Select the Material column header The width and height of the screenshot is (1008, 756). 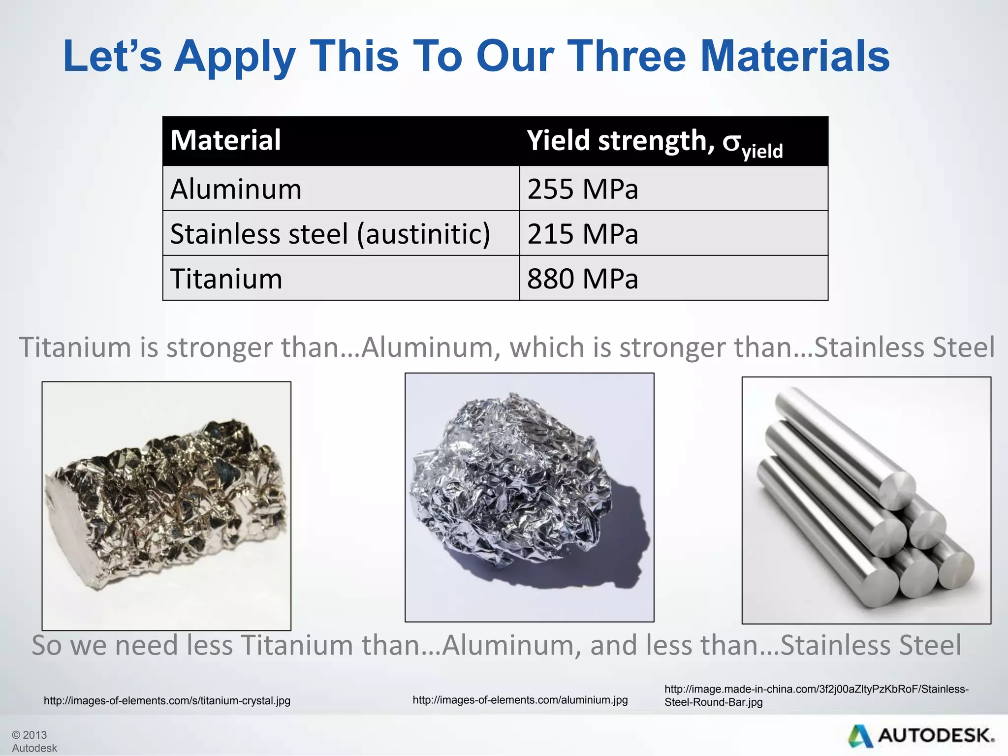click(x=225, y=140)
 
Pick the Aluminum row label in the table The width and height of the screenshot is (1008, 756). click(x=236, y=189)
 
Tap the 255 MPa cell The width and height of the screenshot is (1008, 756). click(x=582, y=189)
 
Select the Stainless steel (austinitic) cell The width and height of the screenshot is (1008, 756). click(x=330, y=234)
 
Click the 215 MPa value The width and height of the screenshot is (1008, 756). click(x=582, y=234)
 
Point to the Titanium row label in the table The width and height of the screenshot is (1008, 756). click(x=226, y=279)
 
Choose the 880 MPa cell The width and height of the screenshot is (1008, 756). click(x=582, y=279)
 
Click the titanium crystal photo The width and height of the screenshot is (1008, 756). click(x=166, y=505)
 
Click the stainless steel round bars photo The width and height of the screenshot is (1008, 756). click(x=866, y=500)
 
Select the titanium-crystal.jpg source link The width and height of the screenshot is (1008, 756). click(x=167, y=700)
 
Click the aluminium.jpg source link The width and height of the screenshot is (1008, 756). click(x=520, y=700)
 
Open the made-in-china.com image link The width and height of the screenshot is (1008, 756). click(x=816, y=695)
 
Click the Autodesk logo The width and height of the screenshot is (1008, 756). click(x=921, y=736)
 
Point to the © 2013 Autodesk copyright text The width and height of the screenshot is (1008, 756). click(x=34, y=741)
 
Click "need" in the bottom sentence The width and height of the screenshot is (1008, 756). click(x=150, y=645)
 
